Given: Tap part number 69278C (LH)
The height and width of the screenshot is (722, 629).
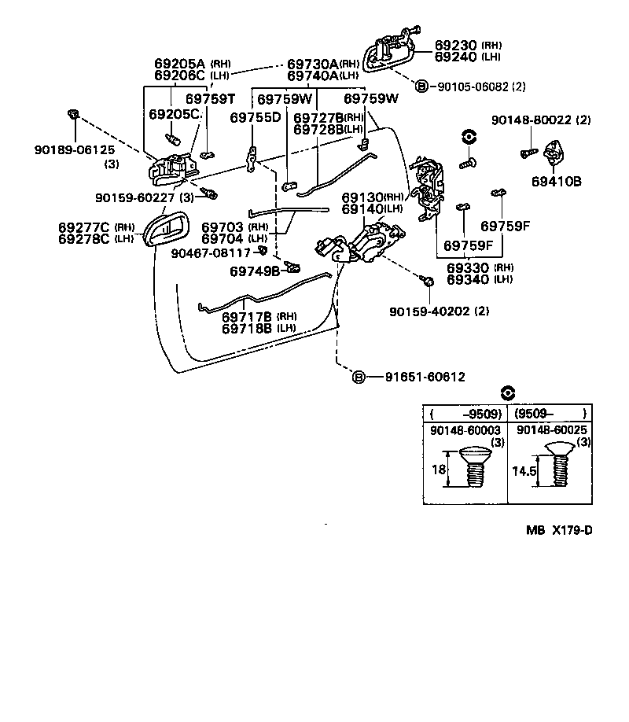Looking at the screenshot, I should pos(84,238).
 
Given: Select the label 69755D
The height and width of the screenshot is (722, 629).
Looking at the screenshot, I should pos(256,118).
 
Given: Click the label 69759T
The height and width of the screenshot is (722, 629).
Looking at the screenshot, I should pos(211,99).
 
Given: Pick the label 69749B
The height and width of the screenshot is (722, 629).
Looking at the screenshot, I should pos(255,271).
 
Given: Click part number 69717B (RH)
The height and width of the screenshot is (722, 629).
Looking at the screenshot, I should pos(247,317).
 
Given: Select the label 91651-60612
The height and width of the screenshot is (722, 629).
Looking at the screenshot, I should pos(425,378).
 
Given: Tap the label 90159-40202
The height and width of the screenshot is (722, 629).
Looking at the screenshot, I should pos(429,311).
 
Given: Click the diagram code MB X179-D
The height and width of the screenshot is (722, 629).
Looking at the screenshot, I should pos(559,530).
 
